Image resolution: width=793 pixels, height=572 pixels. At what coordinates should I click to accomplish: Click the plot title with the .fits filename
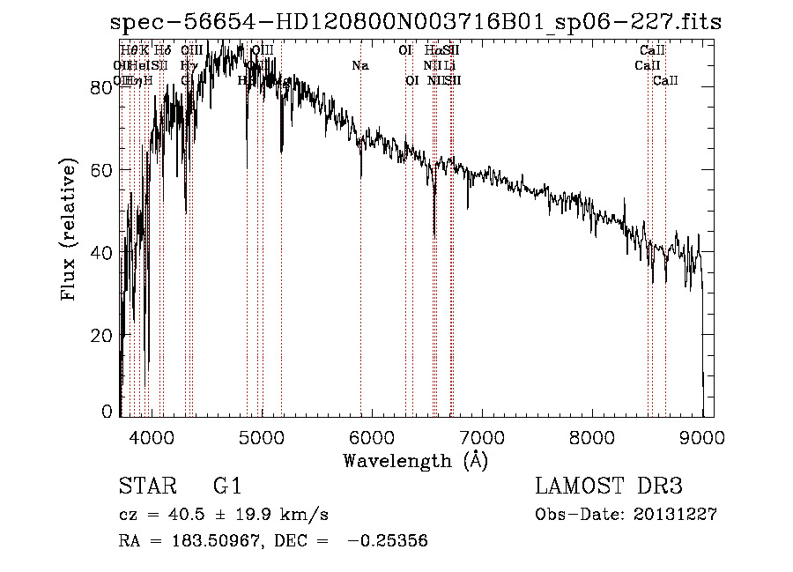pyautogui.click(x=416, y=22)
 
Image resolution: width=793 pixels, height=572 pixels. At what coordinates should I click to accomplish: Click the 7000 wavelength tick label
pyautogui.click(x=482, y=435)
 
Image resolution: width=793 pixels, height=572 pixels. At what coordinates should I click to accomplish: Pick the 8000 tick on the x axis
pyautogui.click(x=592, y=435)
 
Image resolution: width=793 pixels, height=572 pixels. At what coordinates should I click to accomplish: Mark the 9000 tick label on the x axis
pyautogui.click(x=702, y=435)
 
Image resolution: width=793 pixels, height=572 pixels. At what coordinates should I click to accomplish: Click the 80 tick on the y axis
pyautogui.click(x=104, y=86)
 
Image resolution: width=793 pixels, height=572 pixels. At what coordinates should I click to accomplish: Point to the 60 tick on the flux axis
pyautogui.click(x=104, y=169)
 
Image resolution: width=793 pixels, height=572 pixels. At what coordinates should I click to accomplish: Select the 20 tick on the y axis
pyautogui.click(x=104, y=336)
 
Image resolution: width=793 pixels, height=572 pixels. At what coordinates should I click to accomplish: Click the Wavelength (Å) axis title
pyautogui.click(x=415, y=459)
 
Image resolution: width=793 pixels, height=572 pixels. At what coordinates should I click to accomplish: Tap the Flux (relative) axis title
pyautogui.click(x=69, y=231)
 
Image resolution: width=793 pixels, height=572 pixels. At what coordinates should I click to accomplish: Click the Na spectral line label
pyautogui.click(x=359, y=65)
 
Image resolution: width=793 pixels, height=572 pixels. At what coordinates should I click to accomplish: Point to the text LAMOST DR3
pyautogui.click(x=609, y=487)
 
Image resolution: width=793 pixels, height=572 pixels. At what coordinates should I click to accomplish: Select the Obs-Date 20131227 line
pyautogui.click(x=626, y=515)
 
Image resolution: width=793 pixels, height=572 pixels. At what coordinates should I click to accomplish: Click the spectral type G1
pyautogui.click(x=226, y=487)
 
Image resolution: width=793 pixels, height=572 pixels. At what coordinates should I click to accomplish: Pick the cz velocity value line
pyautogui.click(x=224, y=515)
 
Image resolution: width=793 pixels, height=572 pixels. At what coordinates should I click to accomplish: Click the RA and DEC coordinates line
pyautogui.click(x=273, y=541)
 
